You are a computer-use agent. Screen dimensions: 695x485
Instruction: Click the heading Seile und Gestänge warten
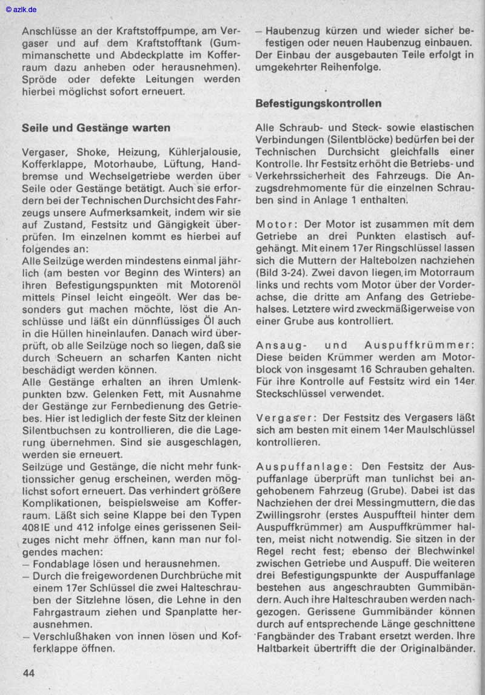point(96,128)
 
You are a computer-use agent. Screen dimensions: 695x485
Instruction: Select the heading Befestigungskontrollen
point(318,103)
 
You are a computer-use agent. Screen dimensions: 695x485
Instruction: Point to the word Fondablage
point(62,564)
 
